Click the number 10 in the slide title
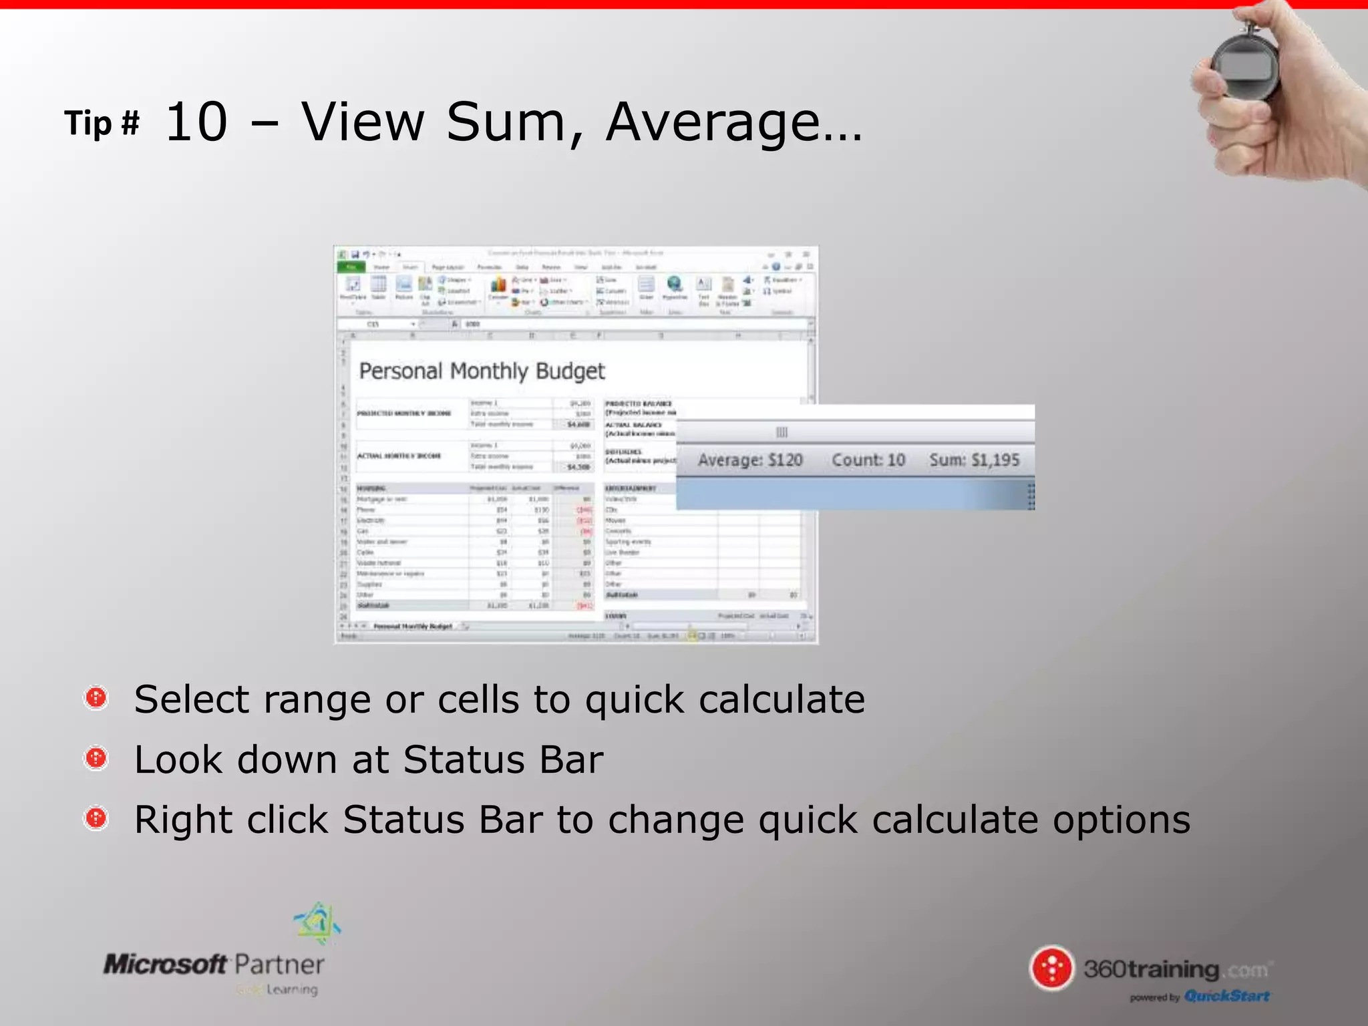click(x=196, y=122)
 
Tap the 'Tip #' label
click(x=102, y=124)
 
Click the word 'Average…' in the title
click(x=733, y=122)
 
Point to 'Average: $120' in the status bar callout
click(x=750, y=460)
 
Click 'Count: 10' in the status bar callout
click(x=868, y=460)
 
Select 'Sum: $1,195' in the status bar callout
click(x=975, y=460)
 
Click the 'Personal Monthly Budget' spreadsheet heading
click(x=482, y=371)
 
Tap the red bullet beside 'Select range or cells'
click(x=96, y=698)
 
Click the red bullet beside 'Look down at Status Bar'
click(x=96, y=758)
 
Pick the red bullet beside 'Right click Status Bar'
click(x=96, y=818)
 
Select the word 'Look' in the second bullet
click(x=178, y=759)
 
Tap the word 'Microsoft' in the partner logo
click(x=165, y=965)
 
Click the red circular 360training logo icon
click(x=1052, y=968)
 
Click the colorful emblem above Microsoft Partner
click(x=318, y=922)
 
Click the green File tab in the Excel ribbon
click(x=351, y=267)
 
